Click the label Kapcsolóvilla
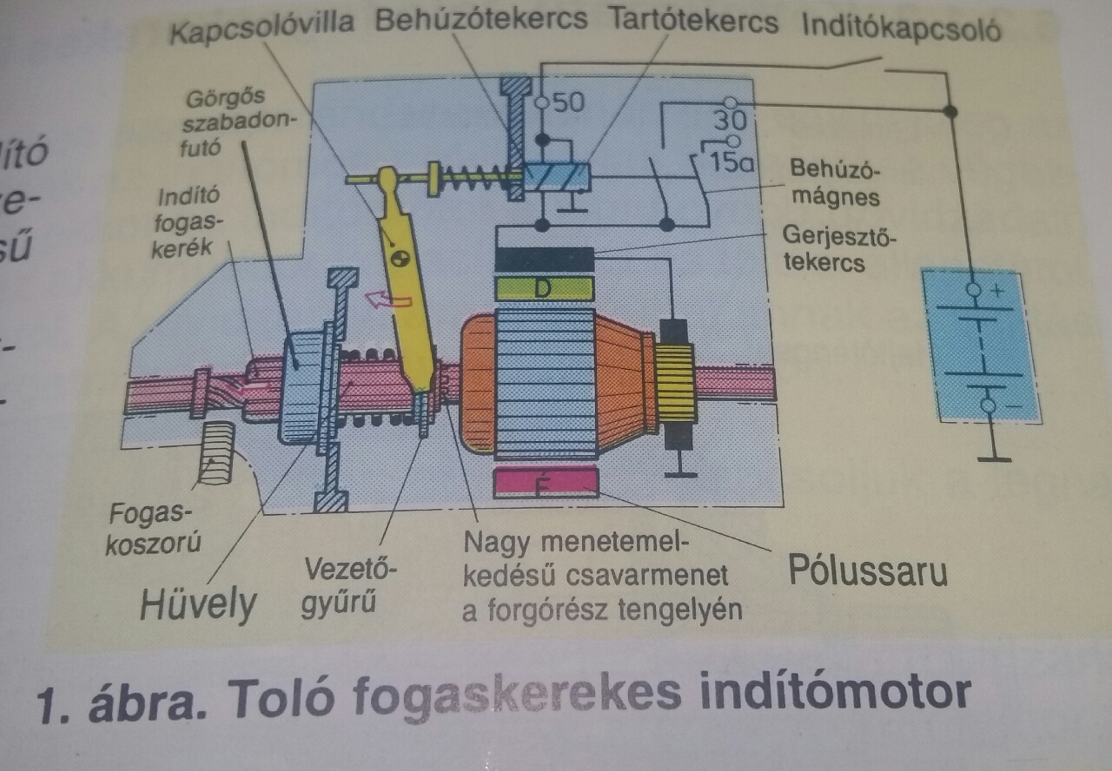tap(261, 23)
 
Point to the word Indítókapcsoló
tap(901, 29)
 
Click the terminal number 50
tap(568, 102)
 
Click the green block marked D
tap(544, 288)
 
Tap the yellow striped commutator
tap(675, 383)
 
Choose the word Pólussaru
tap(867, 570)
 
